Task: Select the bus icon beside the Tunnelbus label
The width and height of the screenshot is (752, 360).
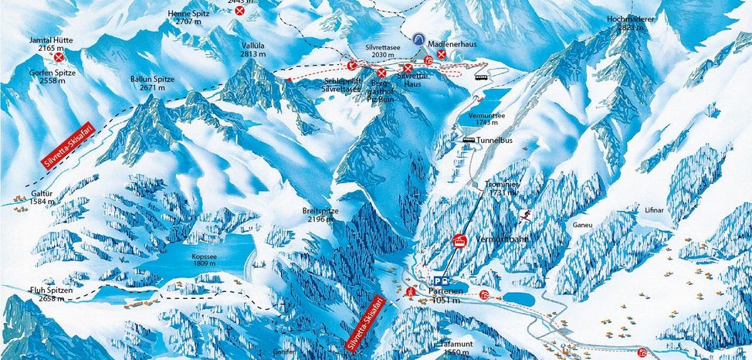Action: point(469,140)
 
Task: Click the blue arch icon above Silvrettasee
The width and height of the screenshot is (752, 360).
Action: point(418,39)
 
